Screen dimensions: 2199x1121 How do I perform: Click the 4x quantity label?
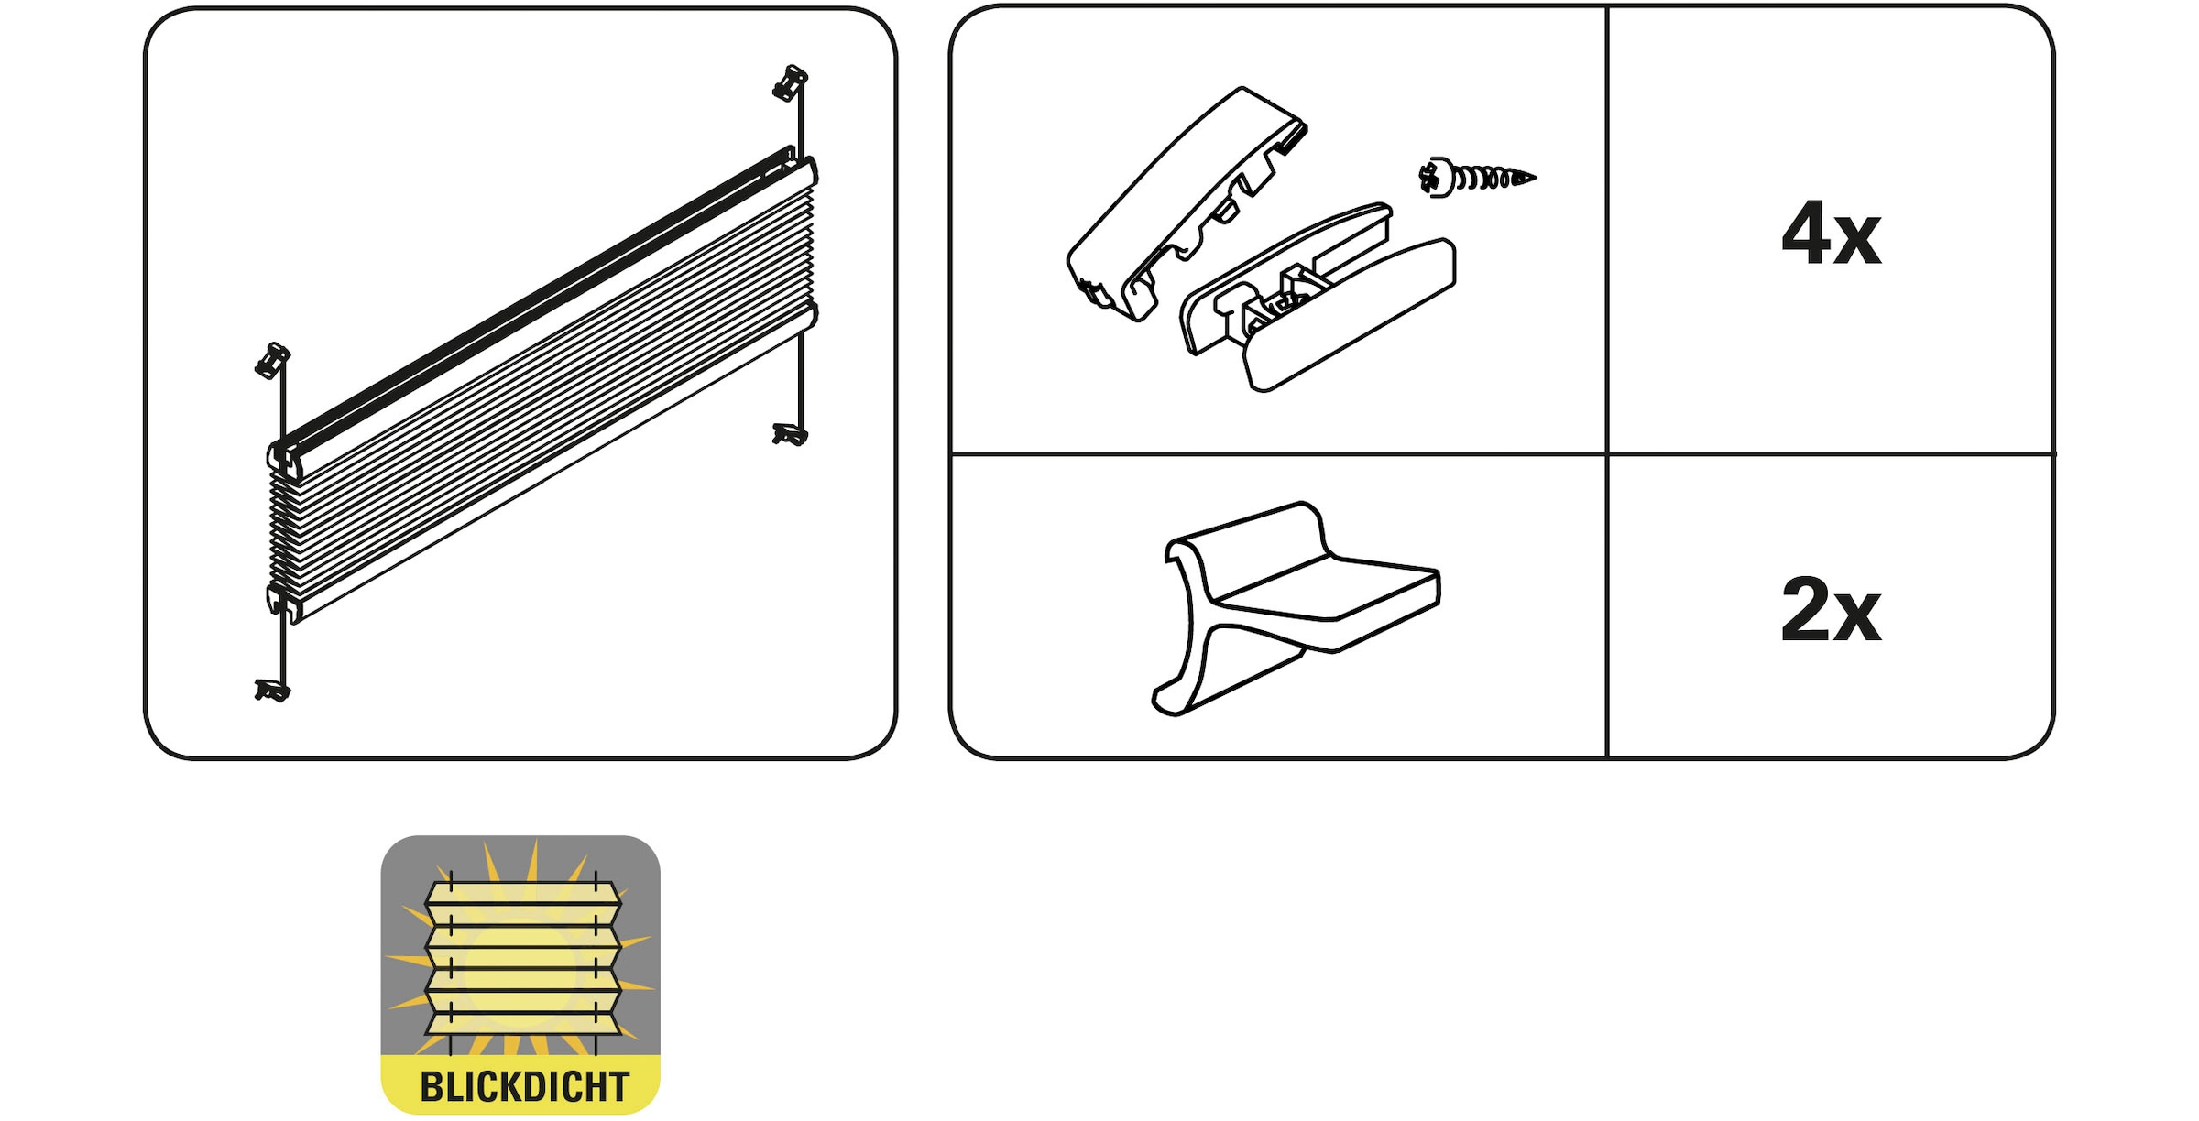click(1831, 234)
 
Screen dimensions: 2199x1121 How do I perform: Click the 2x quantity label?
click(1831, 609)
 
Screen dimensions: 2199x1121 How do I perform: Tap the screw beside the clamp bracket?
click(1476, 177)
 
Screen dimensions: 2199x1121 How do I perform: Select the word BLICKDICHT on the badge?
click(524, 1086)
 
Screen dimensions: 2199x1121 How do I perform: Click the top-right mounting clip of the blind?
click(790, 82)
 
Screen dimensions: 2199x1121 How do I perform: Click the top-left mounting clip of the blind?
click(272, 361)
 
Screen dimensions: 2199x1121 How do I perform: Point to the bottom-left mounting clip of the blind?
click(272, 691)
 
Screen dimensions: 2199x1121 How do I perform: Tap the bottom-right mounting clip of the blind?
click(790, 434)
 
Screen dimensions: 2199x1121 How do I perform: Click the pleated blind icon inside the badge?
click(523, 957)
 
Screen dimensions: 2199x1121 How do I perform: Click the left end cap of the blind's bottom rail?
click(283, 601)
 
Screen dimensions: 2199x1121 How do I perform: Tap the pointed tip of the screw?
click(1536, 178)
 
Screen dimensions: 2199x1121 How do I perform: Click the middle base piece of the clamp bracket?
click(1283, 275)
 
